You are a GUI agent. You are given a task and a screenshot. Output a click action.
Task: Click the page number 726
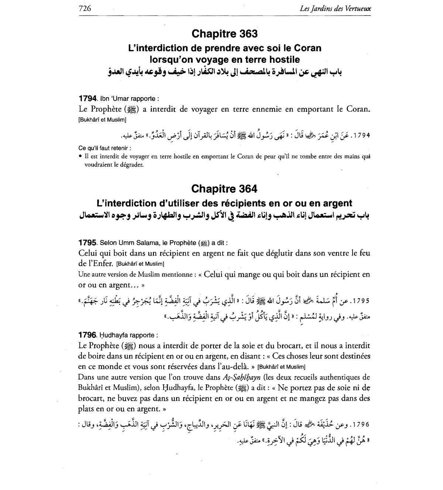click(85, 8)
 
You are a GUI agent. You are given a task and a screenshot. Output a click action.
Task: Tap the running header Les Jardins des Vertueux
click(336, 8)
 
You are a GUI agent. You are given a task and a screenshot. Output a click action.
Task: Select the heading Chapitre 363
click(224, 34)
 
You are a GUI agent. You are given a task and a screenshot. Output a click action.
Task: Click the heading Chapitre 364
click(224, 189)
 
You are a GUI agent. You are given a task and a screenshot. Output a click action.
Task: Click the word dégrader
click(130, 165)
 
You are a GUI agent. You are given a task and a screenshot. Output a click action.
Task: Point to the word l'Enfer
click(98, 264)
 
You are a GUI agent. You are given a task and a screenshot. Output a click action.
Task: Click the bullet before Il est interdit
click(80, 157)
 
